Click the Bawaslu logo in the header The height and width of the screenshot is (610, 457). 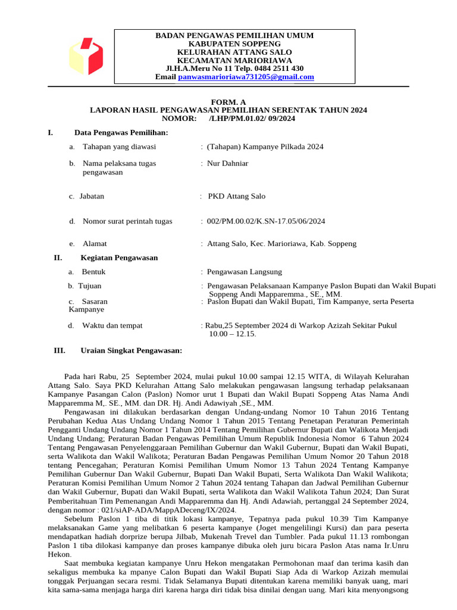(86, 57)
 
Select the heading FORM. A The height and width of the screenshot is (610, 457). (228, 102)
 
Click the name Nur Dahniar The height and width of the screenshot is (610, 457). (227, 163)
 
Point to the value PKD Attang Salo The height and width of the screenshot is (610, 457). (236, 197)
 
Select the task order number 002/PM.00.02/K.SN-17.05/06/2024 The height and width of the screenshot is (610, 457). (266, 222)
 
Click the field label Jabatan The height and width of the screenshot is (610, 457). (92, 197)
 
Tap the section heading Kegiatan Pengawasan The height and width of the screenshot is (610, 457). (119, 258)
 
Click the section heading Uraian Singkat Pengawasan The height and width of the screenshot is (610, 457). (131, 351)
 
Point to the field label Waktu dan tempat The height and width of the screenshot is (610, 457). (112, 326)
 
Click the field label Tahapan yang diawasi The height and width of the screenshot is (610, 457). (119, 147)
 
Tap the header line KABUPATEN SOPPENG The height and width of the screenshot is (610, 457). (234, 44)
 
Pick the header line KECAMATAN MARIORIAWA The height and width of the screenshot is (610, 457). (234, 61)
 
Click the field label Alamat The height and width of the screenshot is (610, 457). (95, 244)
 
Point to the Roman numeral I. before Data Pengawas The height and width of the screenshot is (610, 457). (51, 132)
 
